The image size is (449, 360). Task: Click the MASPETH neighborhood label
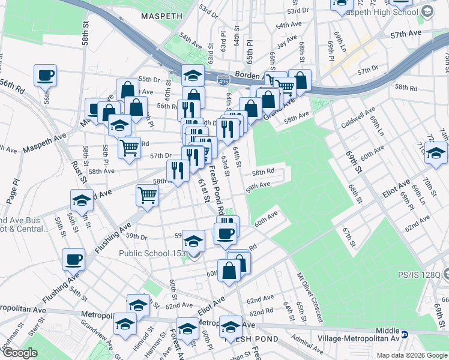[160, 16]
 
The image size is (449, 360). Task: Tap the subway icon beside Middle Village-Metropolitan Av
[405, 334]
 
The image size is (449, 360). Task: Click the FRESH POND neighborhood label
[243, 339]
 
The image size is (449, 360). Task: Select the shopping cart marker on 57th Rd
[129, 146]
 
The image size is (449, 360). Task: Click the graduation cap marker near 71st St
[436, 152]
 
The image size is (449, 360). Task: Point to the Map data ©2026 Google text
[412, 355]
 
